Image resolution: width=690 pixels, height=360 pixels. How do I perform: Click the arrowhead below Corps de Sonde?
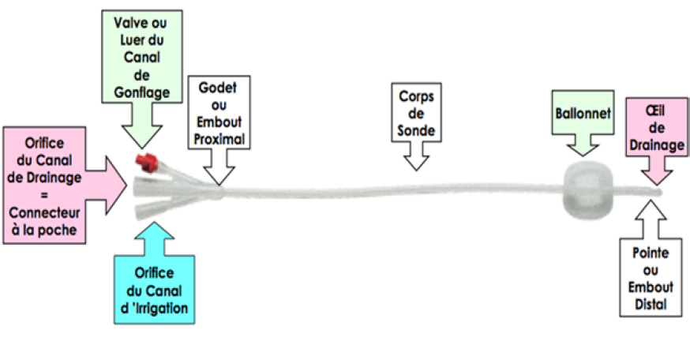pyautogui.click(x=416, y=161)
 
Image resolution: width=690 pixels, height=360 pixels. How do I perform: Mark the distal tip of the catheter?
pyautogui.click(x=658, y=192)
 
